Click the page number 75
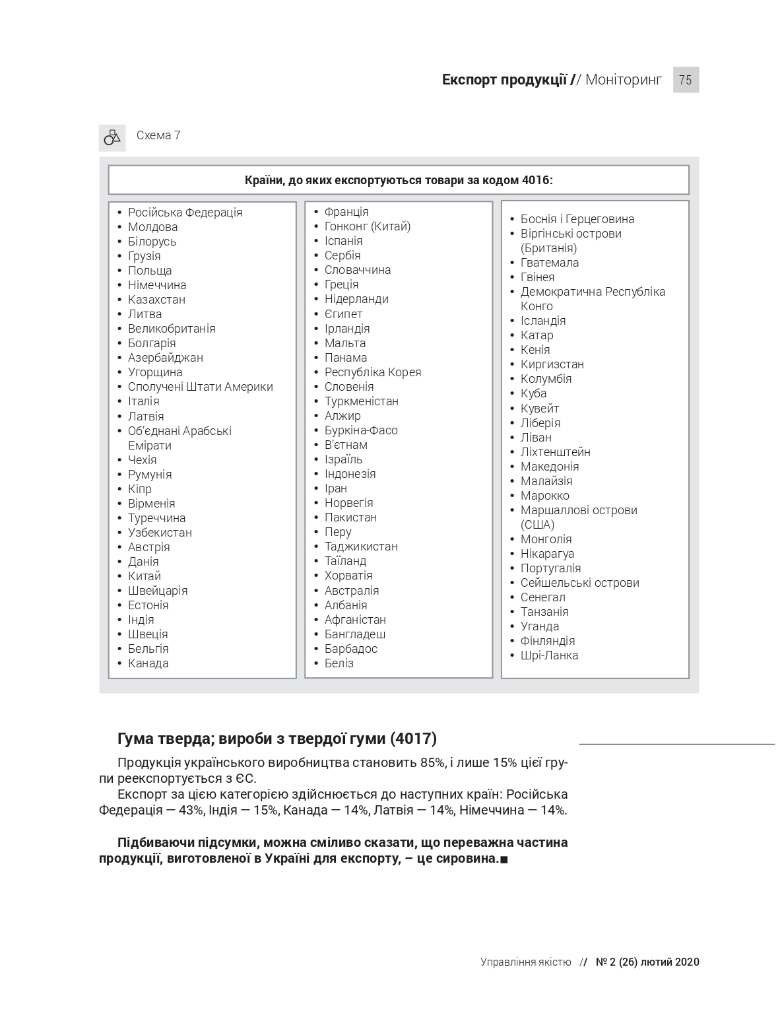click(x=685, y=80)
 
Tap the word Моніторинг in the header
click(x=623, y=80)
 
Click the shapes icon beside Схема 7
click(x=112, y=137)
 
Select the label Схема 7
click(x=158, y=135)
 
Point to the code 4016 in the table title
click(x=535, y=180)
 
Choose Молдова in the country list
click(x=152, y=227)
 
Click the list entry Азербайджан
click(x=165, y=358)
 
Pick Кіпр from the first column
click(x=139, y=489)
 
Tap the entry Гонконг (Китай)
click(x=367, y=226)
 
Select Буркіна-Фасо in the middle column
click(x=360, y=430)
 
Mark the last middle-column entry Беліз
click(x=339, y=663)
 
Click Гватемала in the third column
click(x=549, y=263)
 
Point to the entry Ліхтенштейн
click(x=555, y=452)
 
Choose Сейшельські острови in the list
click(x=579, y=583)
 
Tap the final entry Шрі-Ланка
click(x=549, y=655)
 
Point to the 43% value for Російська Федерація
click(x=191, y=811)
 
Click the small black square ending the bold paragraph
click(x=504, y=859)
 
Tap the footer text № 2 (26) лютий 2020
click(x=647, y=962)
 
